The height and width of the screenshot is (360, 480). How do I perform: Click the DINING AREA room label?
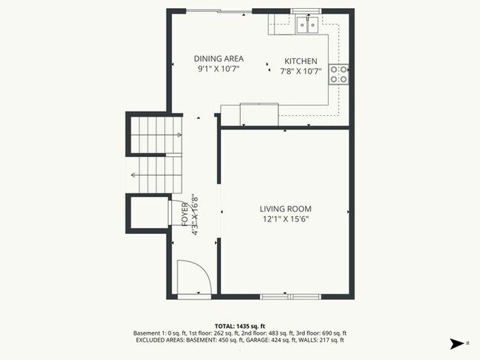tap(219, 59)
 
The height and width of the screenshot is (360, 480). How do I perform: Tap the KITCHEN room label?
tap(301, 61)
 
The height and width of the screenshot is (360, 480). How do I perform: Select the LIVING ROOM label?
tap(284, 208)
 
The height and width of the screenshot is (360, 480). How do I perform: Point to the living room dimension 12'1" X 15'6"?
tap(284, 219)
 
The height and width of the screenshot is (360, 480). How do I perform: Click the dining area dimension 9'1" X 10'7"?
tap(219, 69)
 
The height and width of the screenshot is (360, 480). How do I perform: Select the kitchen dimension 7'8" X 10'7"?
tap(301, 72)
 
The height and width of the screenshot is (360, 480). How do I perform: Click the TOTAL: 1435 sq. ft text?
tap(240, 325)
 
